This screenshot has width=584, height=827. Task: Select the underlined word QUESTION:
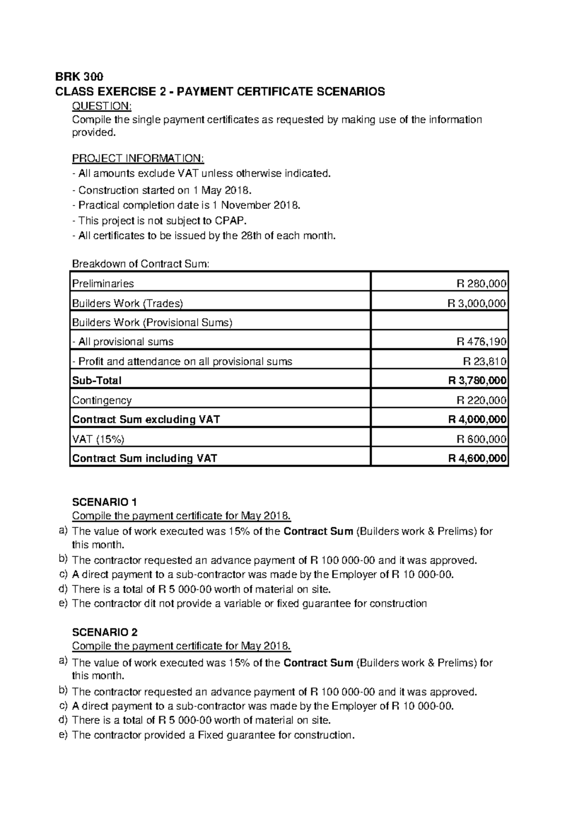pyautogui.click(x=102, y=106)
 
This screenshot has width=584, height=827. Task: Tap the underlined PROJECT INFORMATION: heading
pyautogui.click(x=138, y=159)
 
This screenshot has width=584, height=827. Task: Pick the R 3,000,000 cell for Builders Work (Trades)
pyautogui.click(x=476, y=303)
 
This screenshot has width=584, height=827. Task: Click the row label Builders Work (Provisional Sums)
pyautogui.click(x=152, y=322)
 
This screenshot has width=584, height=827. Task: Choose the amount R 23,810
pyautogui.click(x=484, y=361)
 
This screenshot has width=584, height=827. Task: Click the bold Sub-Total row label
pyautogui.click(x=96, y=380)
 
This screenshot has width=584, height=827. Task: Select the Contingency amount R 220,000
pyautogui.click(x=481, y=400)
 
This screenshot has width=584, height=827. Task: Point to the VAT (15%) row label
pyautogui.click(x=98, y=439)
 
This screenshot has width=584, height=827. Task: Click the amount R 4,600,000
pyautogui.click(x=476, y=458)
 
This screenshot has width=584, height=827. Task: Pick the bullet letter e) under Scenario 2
pyautogui.click(x=63, y=734)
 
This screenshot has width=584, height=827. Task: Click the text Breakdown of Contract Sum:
pyautogui.click(x=141, y=264)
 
